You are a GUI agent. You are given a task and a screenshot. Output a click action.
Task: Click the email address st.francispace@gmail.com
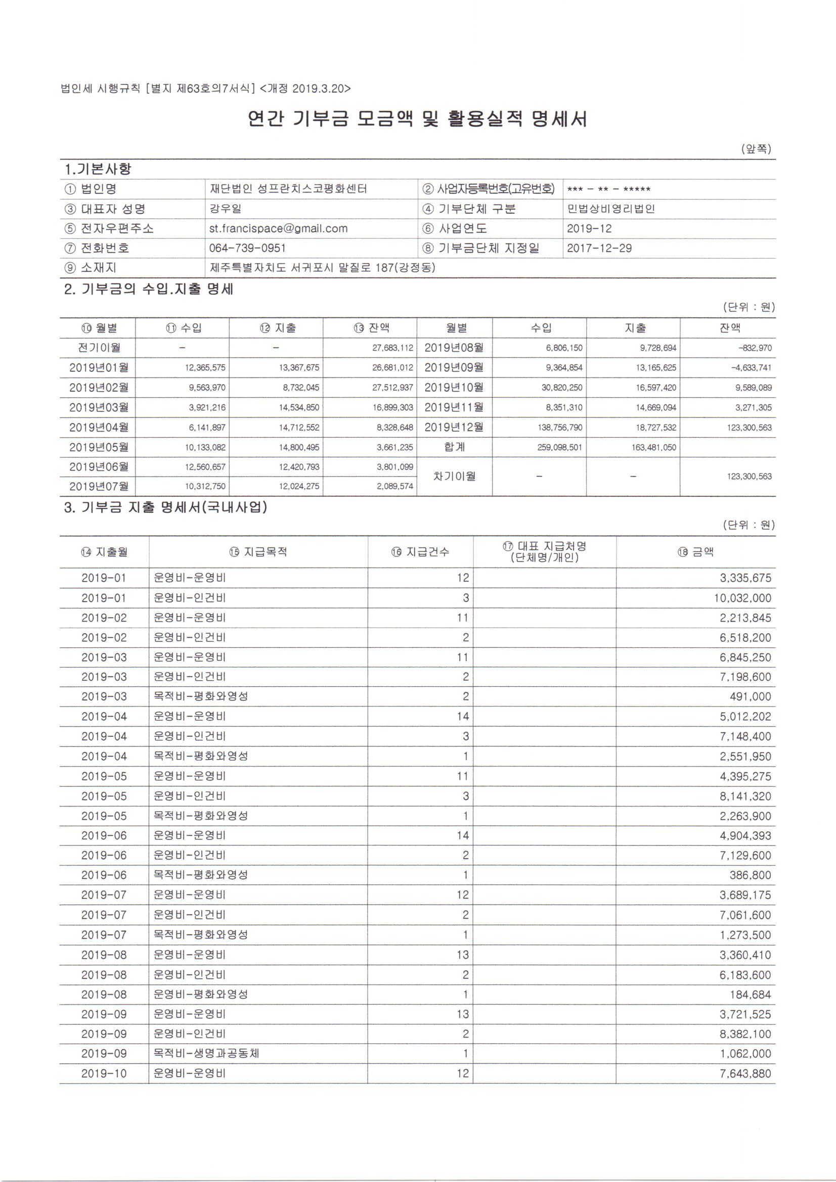point(278,228)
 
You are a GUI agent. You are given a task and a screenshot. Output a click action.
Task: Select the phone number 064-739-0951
point(247,248)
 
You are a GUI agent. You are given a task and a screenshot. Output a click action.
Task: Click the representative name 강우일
point(225,209)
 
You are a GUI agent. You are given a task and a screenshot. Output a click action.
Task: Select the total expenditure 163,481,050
point(653,447)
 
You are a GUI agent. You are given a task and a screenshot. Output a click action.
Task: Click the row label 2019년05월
point(99,447)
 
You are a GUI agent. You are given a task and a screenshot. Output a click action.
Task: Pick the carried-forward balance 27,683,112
point(392,348)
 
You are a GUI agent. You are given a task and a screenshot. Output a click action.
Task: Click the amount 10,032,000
point(742,598)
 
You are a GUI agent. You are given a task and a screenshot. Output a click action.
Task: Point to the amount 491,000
point(753,696)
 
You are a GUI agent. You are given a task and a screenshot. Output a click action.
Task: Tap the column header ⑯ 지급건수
point(420,552)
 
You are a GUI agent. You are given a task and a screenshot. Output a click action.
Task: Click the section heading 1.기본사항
point(98,169)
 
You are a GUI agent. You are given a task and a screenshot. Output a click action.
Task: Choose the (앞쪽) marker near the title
point(756,149)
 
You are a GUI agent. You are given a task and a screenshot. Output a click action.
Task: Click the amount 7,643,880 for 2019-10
point(745,1073)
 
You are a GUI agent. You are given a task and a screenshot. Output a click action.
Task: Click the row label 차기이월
point(454,476)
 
